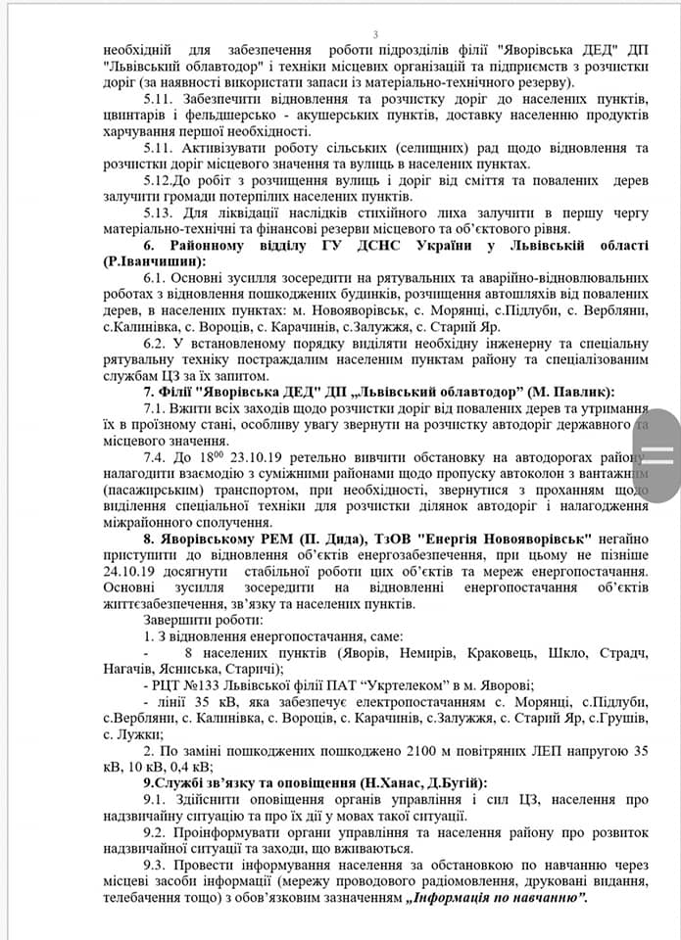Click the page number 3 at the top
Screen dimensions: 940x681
tap(375, 35)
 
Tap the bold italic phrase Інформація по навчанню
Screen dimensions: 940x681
tap(499, 897)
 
